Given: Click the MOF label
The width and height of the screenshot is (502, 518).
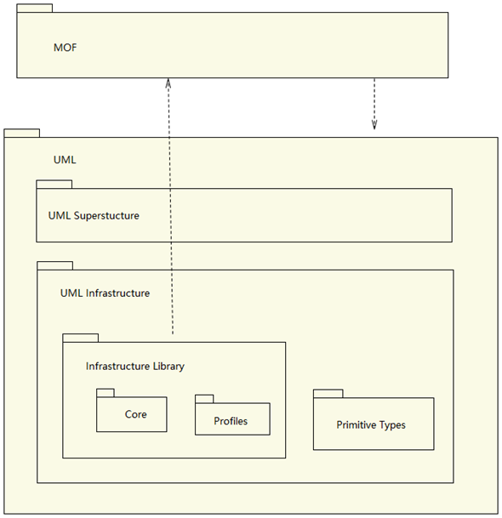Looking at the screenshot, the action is click(66, 48).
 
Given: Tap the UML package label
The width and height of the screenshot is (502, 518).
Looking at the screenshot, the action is click(65, 160).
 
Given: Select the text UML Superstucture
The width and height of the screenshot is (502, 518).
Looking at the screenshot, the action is click(94, 216).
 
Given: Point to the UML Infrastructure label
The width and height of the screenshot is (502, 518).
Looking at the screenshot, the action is click(106, 293).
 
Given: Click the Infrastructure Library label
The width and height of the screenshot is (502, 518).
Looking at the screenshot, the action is click(135, 367).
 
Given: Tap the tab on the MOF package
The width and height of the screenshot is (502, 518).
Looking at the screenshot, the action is click(35, 9).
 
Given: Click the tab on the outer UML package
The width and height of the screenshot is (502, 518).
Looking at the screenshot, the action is click(22, 134).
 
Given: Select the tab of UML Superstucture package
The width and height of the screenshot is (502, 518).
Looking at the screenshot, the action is click(54, 185).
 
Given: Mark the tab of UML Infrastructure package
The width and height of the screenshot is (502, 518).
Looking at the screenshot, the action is click(54, 265).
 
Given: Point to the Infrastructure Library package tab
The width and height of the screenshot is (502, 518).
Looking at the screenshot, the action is click(81, 338).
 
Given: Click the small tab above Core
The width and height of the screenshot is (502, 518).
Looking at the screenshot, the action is click(106, 393).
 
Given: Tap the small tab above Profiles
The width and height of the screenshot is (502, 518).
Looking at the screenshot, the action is click(204, 399).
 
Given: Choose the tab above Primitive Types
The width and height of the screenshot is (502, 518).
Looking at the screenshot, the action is click(328, 394).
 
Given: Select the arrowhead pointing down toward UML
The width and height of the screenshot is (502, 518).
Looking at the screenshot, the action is click(374, 124).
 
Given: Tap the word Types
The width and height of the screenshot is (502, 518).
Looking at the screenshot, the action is click(392, 425).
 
